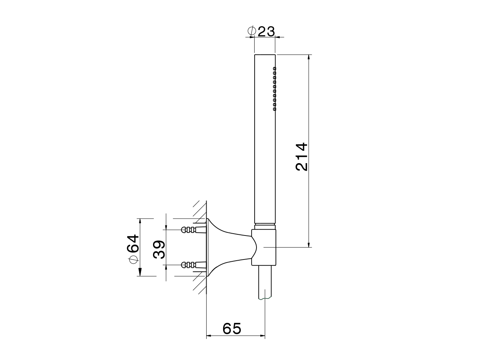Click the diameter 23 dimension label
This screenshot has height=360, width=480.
(262, 31)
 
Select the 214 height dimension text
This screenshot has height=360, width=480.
(301, 156)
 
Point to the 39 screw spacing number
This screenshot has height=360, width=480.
(159, 249)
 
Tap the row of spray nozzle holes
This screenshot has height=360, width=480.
(274, 88)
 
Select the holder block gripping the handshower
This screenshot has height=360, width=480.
(264, 247)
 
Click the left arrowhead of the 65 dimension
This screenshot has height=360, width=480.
(210, 336)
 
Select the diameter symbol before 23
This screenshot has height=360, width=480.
(252, 31)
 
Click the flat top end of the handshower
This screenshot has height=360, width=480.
(265, 55)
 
